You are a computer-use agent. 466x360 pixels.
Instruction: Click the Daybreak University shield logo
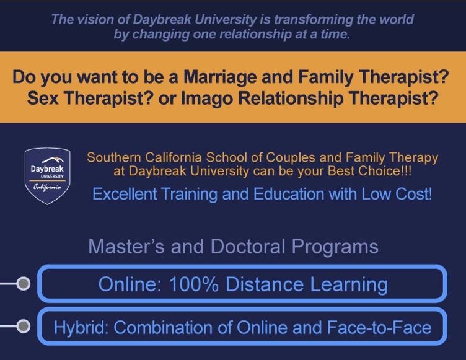pos(48,177)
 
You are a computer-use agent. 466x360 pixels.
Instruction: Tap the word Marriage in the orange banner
pos(221,77)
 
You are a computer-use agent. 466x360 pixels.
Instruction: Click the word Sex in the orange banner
pos(43,98)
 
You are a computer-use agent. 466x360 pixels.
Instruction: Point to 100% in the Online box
pos(194,284)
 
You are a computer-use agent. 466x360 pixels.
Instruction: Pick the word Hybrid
pos(81,327)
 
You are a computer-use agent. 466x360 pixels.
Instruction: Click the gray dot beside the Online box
pos(23,283)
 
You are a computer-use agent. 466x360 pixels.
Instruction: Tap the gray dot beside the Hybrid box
pos(23,326)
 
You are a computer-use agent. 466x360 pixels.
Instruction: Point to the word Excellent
pos(125,194)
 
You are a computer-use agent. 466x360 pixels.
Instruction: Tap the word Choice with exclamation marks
pos(385,171)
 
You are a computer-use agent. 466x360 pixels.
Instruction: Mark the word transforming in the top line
pos(314,20)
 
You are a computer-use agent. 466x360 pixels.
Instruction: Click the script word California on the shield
pos(47,187)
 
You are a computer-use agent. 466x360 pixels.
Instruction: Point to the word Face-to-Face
pos(379,327)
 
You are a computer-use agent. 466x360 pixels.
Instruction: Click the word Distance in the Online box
pos(265,284)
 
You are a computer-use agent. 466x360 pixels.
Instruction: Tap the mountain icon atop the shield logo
pos(52,160)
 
